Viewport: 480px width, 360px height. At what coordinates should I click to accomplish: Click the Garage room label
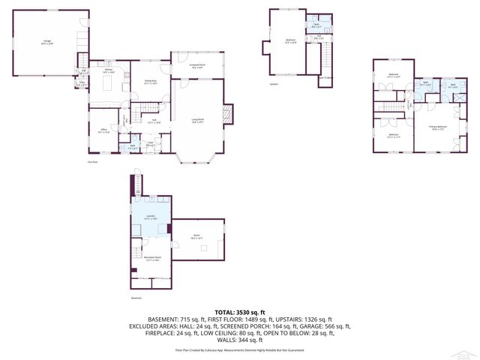pos(47,43)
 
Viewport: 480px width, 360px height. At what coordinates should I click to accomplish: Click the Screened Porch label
pos(198,67)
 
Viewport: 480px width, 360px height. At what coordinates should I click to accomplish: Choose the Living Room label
pos(198,121)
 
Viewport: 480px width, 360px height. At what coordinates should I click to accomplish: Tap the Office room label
pos(104,130)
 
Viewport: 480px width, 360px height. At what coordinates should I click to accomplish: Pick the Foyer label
pos(150,144)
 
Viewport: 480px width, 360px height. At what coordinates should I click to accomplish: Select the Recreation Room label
pos(152,259)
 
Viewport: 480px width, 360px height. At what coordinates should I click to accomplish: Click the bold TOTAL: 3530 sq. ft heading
pos(239,312)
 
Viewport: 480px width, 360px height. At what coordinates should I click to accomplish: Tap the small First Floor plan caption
pos(93,162)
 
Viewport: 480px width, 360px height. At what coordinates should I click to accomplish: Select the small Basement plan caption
pos(136,298)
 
